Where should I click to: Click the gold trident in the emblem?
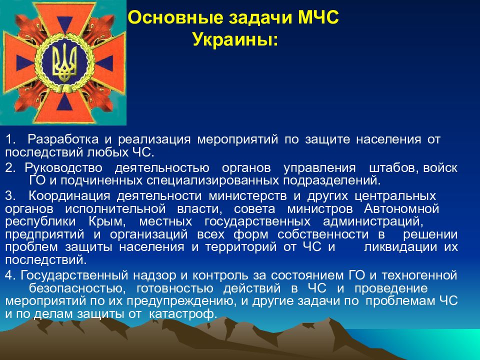(x=64, y=62)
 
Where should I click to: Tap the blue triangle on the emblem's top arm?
(x=65, y=24)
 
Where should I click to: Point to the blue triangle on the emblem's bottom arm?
(x=64, y=102)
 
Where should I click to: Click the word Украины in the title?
(x=235, y=39)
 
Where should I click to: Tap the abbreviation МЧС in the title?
(x=318, y=17)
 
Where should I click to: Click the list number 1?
(x=10, y=139)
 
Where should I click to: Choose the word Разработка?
(x=63, y=139)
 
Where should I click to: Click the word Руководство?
(x=63, y=168)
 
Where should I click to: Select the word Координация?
(x=69, y=196)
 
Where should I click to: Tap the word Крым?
(x=107, y=221)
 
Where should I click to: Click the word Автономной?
(x=401, y=209)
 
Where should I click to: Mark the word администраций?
(x=373, y=221)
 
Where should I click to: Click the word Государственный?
(x=74, y=275)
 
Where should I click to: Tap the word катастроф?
(x=183, y=314)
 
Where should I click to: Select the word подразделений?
(x=332, y=180)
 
